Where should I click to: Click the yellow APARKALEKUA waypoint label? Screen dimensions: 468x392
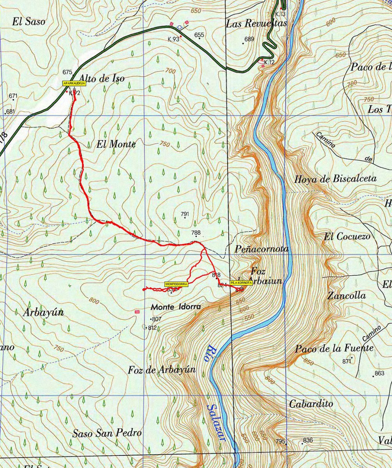74,83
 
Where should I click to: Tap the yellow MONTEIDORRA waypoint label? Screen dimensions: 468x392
177,284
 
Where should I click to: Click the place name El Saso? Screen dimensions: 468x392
28,22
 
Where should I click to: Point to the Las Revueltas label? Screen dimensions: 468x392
256,24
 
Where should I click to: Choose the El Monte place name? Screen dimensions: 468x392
116,144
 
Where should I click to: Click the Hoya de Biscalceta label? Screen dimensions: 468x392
335,179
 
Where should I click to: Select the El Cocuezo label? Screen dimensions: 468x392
347,236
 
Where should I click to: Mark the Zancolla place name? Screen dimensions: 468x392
346,296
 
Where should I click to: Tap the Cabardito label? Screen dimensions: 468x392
311,404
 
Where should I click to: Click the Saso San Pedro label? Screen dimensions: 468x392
107,433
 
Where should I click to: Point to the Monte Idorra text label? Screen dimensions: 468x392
176,307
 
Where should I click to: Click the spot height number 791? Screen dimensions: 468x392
185,214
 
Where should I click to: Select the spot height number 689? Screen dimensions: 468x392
249,39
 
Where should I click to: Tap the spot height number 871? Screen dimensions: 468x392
347,362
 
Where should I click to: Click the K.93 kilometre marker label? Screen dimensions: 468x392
173,39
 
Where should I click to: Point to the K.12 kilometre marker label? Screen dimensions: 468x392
269,62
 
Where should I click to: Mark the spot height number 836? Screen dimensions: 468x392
308,440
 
